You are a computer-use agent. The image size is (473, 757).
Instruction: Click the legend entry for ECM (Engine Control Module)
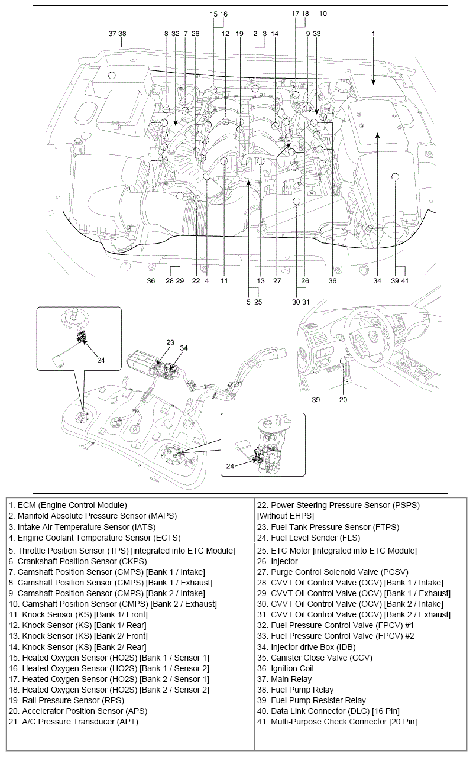pos(68,505)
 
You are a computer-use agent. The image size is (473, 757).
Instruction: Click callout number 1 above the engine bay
pos(373,34)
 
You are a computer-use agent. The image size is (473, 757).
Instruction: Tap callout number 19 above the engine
pos(239,34)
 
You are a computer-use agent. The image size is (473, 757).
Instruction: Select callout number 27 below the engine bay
pos(277,281)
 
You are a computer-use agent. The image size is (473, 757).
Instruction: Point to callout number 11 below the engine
pos(224,281)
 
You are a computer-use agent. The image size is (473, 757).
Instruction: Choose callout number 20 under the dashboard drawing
pos(343,399)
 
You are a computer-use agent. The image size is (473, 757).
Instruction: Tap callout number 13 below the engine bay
pos(260,281)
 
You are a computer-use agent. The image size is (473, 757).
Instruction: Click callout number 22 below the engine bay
pos(195,281)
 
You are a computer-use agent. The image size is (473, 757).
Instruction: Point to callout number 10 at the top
pos(322,13)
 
